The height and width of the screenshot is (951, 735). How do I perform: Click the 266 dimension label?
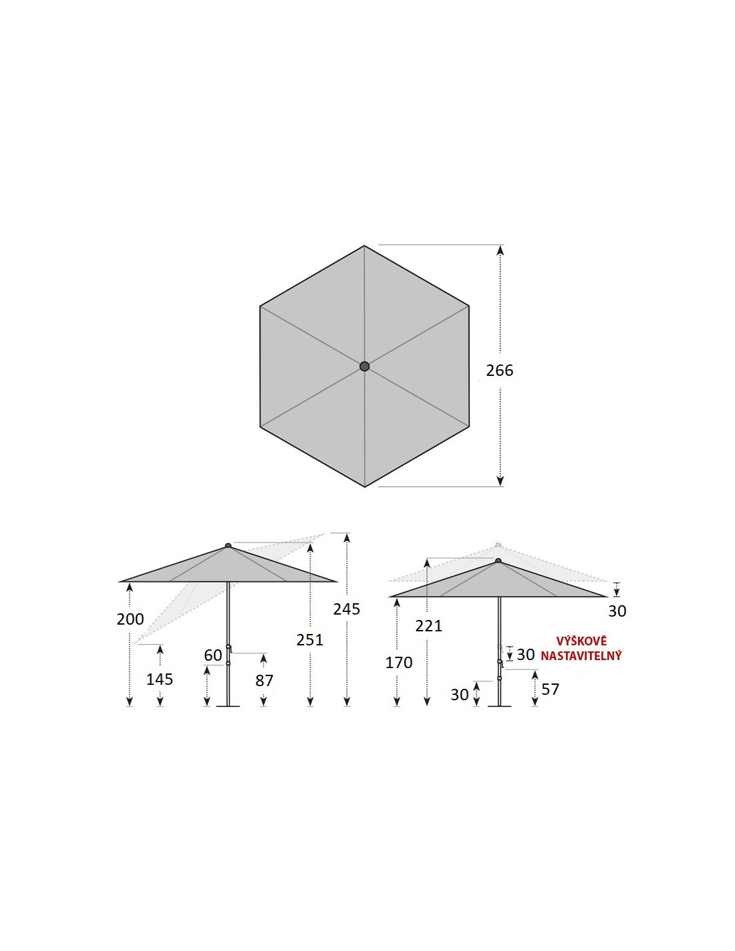click(499, 371)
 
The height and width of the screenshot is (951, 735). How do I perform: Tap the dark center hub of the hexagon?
click(364, 366)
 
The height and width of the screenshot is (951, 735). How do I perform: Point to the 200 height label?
click(130, 619)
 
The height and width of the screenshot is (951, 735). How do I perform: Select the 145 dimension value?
click(160, 679)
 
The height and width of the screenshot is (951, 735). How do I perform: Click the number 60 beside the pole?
click(213, 655)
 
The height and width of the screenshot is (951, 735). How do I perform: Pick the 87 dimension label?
click(264, 681)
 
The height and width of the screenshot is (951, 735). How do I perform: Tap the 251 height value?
click(309, 640)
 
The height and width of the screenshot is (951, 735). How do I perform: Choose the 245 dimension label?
click(346, 609)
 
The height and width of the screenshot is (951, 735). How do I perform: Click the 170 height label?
click(399, 663)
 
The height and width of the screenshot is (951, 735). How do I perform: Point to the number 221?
click(428, 626)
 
